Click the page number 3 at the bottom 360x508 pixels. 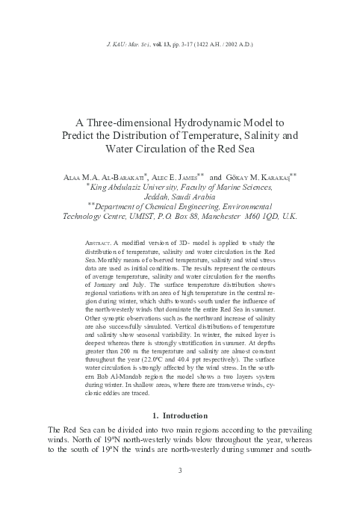[179, 470]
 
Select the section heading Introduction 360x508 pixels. [187, 415]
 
